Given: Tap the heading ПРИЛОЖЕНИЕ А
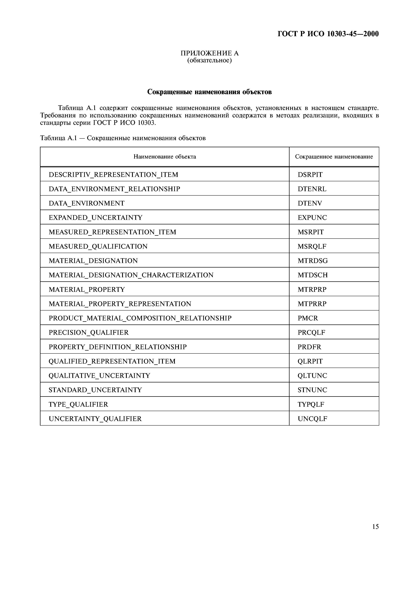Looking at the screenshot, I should pyautogui.click(x=209, y=53).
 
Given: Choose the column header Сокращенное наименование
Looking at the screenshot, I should pyautogui.click(x=334, y=157).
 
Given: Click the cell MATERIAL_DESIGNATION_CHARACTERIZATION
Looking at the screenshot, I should pyautogui.click(x=131, y=275).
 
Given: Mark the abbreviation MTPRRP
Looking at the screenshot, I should pyautogui.click(x=312, y=304).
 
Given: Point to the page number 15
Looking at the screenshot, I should pyautogui.click(x=375, y=527).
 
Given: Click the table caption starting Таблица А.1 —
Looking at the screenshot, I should pyautogui.click(x=123, y=138).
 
